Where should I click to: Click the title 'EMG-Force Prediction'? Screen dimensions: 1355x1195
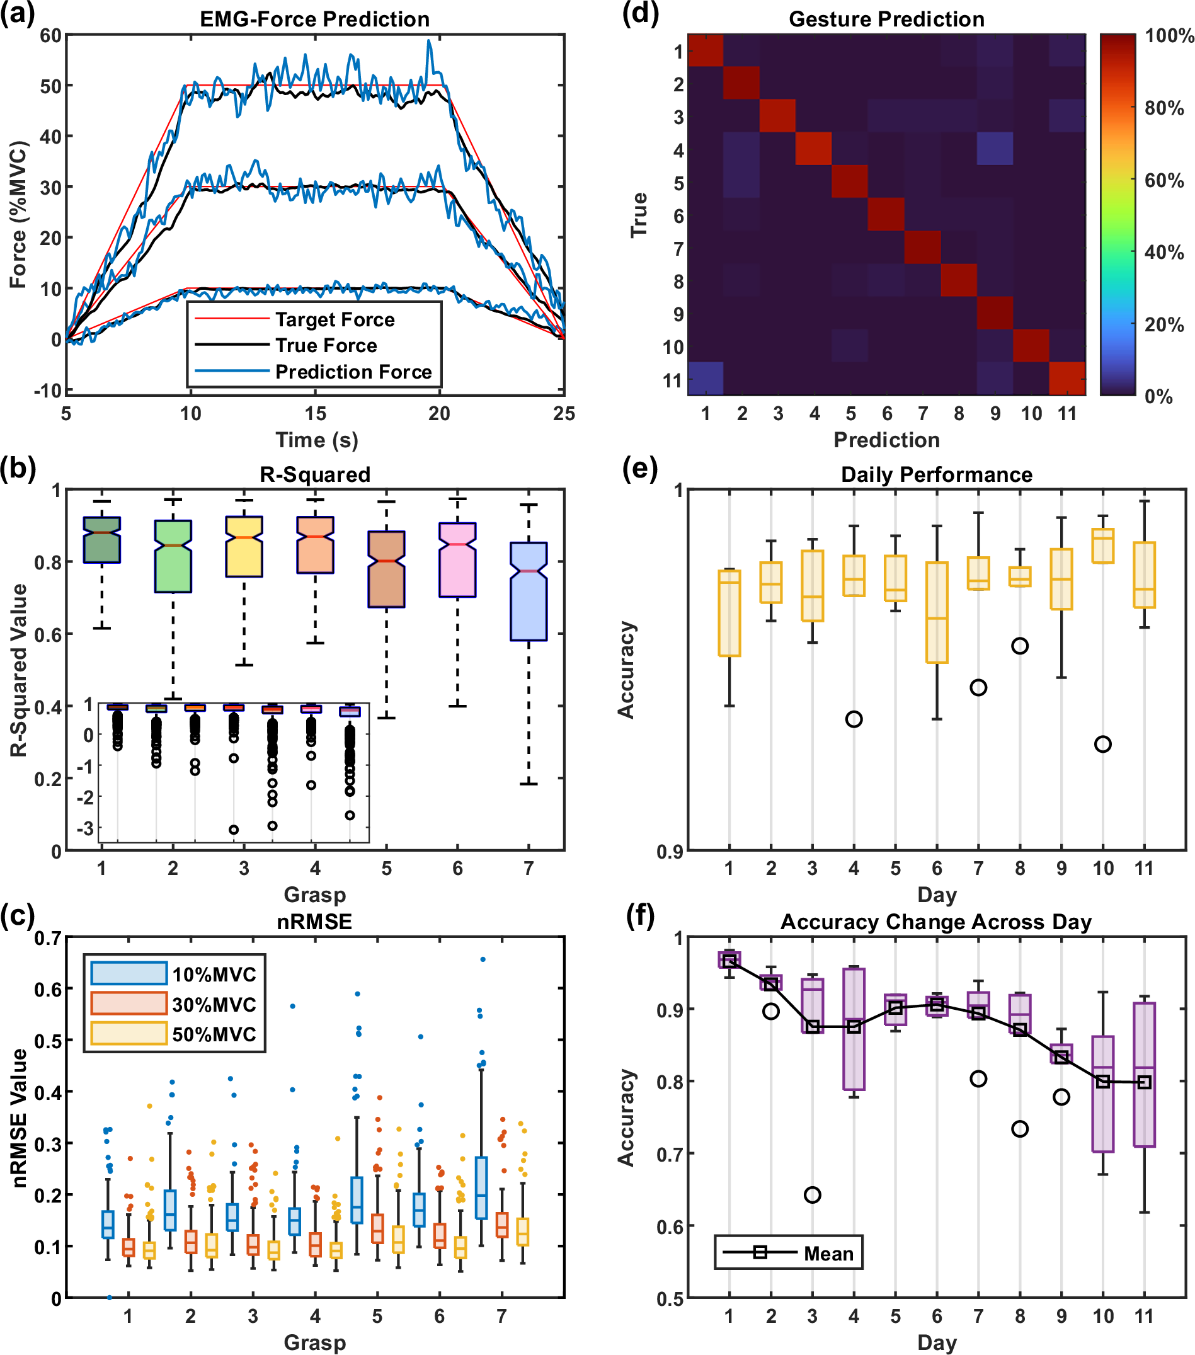pos(315,20)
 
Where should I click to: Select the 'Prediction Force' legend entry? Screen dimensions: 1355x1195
pos(353,372)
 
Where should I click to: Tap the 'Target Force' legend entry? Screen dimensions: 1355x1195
pos(334,319)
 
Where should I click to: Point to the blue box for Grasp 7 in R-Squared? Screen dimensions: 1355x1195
pos(529,592)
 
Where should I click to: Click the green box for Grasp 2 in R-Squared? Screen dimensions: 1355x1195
pos(173,556)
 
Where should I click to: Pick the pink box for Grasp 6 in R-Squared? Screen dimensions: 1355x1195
pos(457,559)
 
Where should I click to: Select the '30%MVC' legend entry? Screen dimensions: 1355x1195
pos(214,1004)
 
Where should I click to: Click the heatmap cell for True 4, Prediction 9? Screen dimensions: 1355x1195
pos(995,149)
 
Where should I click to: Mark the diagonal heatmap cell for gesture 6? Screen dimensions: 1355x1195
pos(887,214)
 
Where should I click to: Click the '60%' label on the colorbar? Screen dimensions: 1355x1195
pos(1164,180)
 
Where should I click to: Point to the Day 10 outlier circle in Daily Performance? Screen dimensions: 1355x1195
pos(1103,745)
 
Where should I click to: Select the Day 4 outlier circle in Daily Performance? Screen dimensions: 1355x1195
pos(854,719)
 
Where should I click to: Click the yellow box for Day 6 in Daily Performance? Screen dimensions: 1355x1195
pos(937,612)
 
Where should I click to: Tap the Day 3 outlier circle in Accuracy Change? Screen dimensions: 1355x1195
pos(813,1195)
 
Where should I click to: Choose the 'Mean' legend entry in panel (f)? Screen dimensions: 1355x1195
pos(828,1254)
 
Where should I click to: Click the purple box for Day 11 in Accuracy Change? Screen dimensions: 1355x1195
pos(1144,1075)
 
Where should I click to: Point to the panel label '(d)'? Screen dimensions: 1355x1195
pos(640,13)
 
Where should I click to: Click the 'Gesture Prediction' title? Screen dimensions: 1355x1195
pos(886,20)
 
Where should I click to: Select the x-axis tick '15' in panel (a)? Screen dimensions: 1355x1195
pos(316,414)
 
